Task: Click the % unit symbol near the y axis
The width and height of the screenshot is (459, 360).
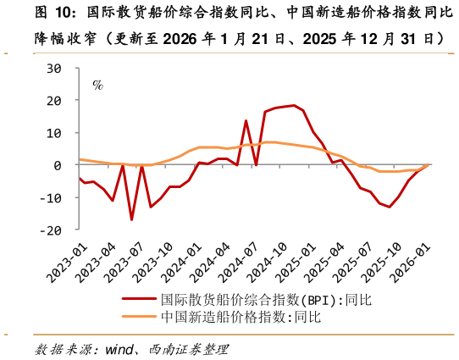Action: click(97, 85)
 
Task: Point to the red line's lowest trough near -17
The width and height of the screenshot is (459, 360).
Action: click(132, 220)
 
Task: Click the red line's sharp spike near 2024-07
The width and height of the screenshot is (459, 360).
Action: click(246, 120)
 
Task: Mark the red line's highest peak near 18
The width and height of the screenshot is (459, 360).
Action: click(294, 106)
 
